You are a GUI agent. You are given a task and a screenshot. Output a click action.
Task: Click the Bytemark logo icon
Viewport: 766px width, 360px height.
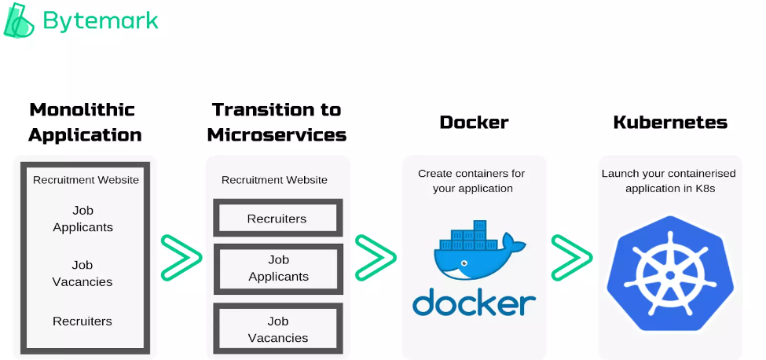(x=19, y=20)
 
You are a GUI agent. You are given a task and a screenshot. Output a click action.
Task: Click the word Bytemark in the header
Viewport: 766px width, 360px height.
(x=101, y=20)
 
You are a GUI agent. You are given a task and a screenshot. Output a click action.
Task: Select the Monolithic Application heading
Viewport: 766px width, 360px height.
(x=85, y=122)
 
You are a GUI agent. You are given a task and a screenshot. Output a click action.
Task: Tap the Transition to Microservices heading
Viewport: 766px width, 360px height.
(x=277, y=122)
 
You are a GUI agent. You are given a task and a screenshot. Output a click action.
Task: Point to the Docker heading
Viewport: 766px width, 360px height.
(x=474, y=122)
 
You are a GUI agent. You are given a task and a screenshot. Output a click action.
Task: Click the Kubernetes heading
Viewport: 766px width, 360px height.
(x=670, y=122)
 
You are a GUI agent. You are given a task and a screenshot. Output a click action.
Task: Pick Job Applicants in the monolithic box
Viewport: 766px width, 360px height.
(x=82, y=219)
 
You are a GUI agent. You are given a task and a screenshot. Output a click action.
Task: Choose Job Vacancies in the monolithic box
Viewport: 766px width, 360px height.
(x=82, y=274)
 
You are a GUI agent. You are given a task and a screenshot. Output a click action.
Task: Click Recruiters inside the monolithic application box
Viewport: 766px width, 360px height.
(x=82, y=321)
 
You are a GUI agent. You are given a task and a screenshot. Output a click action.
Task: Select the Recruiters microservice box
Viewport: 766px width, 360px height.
(x=277, y=218)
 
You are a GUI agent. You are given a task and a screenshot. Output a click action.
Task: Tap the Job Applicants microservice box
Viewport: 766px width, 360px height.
(x=278, y=268)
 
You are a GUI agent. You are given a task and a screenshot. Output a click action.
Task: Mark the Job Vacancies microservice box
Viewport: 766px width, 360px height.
(x=278, y=329)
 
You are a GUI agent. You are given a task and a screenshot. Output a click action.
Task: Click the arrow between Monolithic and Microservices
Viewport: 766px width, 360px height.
(x=181, y=257)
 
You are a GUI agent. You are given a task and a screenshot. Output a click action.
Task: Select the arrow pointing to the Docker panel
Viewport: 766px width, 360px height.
(x=375, y=257)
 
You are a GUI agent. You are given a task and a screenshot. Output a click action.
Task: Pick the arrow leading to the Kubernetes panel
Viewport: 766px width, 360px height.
(x=571, y=257)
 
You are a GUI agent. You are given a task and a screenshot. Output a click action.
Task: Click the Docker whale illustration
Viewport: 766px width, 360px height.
(x=474, y=252)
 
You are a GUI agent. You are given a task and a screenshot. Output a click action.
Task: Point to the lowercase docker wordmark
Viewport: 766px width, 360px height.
(x=474, y=302)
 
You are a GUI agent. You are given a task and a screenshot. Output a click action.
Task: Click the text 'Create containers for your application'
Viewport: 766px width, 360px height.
(x=471, y=181)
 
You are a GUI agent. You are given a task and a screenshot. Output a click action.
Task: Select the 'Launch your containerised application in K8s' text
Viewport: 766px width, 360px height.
(x=670, y=181)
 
